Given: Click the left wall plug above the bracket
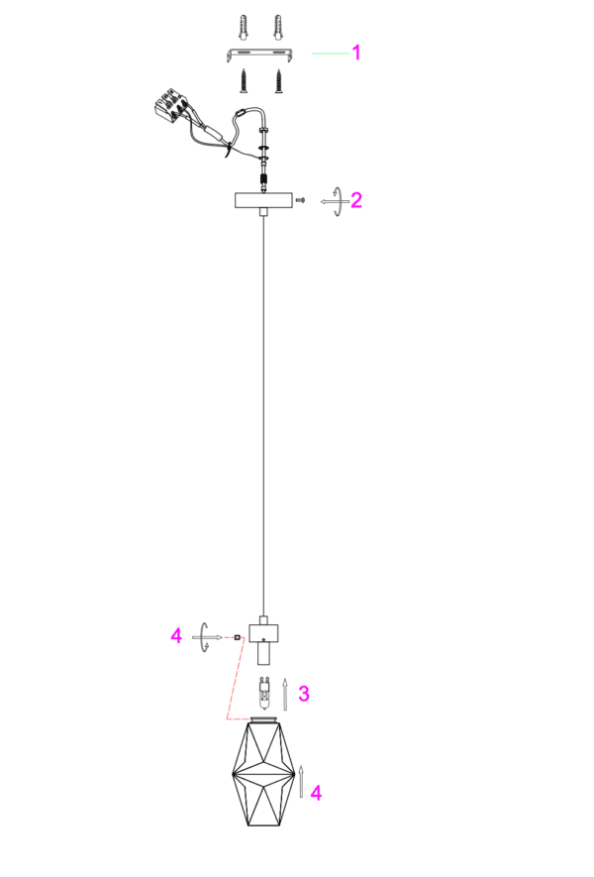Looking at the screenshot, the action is (x=244, y=28).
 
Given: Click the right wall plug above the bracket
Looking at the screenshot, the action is (x=277, y=28).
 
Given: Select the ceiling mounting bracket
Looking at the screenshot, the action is (x=261, y=55).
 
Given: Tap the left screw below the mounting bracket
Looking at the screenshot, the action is (x=245, y=80).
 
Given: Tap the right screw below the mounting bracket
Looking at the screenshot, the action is (x=278, y=80).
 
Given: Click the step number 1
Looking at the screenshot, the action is (x=356, y=54).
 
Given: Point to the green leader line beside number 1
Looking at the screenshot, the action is (x=331, y=54).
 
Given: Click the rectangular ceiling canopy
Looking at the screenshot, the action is (x=263, y=200).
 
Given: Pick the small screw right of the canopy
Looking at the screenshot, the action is (x=301, y=200).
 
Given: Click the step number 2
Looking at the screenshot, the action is (x=356, y=200).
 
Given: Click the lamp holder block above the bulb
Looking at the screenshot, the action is (x=263, y=633).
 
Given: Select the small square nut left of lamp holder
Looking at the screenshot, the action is (x=238, y=637).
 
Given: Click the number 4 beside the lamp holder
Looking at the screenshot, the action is (x=176, y=636).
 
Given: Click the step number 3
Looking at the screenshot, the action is (x=303, y=694).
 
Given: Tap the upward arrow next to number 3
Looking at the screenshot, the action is (x=285, y=695).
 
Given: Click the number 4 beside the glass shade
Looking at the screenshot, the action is (x=316, y=793).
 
